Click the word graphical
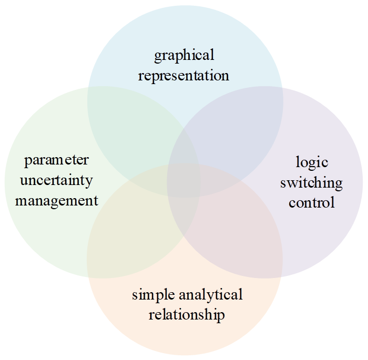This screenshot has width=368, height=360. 184,55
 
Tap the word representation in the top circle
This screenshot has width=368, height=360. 184,75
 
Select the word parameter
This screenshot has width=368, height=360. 57,160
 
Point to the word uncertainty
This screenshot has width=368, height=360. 57,180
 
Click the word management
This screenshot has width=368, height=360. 57,200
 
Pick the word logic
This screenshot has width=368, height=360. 312,161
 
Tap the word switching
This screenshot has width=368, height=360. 312,182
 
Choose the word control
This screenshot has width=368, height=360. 312,202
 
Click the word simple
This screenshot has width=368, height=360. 155,295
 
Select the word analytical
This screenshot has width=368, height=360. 212,295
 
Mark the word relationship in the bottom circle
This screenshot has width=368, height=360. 187,315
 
